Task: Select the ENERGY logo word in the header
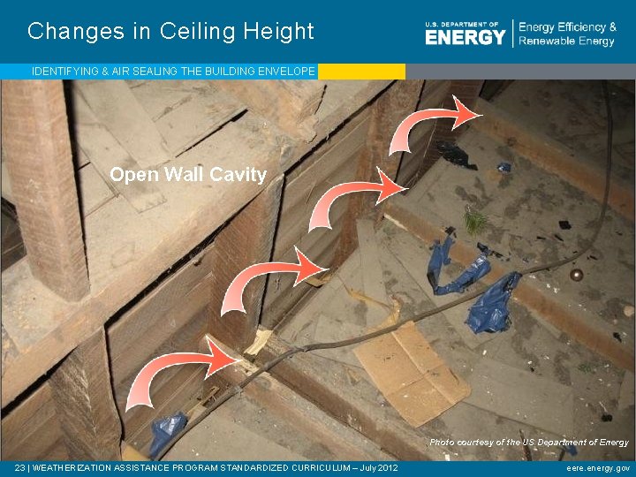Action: click(x=465, y=36)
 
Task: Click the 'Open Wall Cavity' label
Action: click(x=188, y=175)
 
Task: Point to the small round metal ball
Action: click(x=576, y=275)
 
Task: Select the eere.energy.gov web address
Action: click(x=598, y=468)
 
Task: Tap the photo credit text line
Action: click(x=529, y=442)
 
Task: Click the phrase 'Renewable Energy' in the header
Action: click(x=567, y=42)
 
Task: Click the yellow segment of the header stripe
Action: click(x=361, y=72)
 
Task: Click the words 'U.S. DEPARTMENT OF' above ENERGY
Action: click(x=462, y=24)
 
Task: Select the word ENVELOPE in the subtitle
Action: click(x=284, y=71)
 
